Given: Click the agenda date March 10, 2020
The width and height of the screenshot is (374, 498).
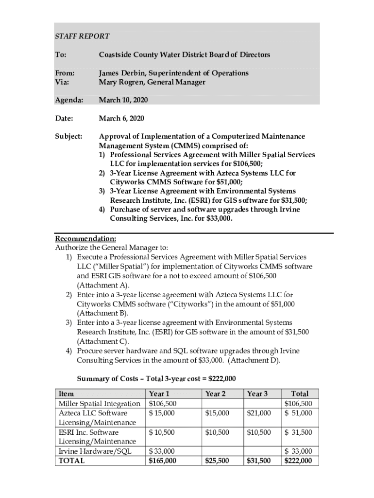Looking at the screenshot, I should coord(123,100).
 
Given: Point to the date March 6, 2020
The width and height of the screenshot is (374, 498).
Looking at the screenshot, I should coord(121,119).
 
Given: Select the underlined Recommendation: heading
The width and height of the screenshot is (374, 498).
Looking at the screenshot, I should coord(85,239).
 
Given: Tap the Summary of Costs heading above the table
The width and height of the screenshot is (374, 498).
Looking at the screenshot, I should coord(156,379).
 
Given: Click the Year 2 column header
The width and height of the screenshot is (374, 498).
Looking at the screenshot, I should coord(216,394).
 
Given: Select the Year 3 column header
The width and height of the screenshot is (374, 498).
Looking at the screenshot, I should coord(257,394).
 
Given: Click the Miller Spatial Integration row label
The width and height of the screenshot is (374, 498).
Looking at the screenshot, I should coord(99,404).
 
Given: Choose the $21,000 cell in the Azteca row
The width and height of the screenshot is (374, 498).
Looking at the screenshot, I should coord(259,413).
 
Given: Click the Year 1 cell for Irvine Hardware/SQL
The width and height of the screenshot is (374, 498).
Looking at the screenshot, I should coord(162,452).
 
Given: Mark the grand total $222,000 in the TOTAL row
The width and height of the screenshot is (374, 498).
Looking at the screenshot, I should coord(298,461).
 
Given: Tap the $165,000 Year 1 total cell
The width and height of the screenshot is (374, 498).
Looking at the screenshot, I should coord(163,461).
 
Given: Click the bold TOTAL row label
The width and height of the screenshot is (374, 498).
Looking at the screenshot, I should coord(71,461).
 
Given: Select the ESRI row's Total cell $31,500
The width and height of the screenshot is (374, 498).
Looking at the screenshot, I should coord(299,432).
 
